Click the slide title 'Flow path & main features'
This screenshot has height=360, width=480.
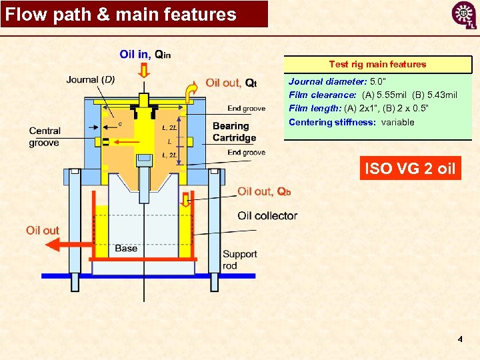(x=121, y=15)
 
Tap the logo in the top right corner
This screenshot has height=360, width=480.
(x=463, y=15)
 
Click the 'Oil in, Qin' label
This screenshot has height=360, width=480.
(x=145, y=54)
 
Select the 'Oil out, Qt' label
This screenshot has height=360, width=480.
(x=231, y=83)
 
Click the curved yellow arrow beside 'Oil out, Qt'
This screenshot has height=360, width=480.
(x=191, y=92)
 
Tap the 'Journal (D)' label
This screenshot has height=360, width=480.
(x=91, y=80)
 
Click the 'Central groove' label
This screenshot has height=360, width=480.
(x=45, y=137)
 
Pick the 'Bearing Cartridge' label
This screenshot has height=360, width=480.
(x=234, y=132)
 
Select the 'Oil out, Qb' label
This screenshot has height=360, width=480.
(x=264, y=192)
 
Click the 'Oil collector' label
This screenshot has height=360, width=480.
(x=267, y=215)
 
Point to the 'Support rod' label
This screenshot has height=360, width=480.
(x=239, y=259)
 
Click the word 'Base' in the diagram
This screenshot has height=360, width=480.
(x=126, y=248)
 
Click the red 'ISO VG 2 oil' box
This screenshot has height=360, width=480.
(x=409, y=169)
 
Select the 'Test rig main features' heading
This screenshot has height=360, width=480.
(x=377, y=65)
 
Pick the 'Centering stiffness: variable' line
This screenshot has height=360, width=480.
(x=351, y=122)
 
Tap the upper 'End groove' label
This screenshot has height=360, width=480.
(x=246, y=109)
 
